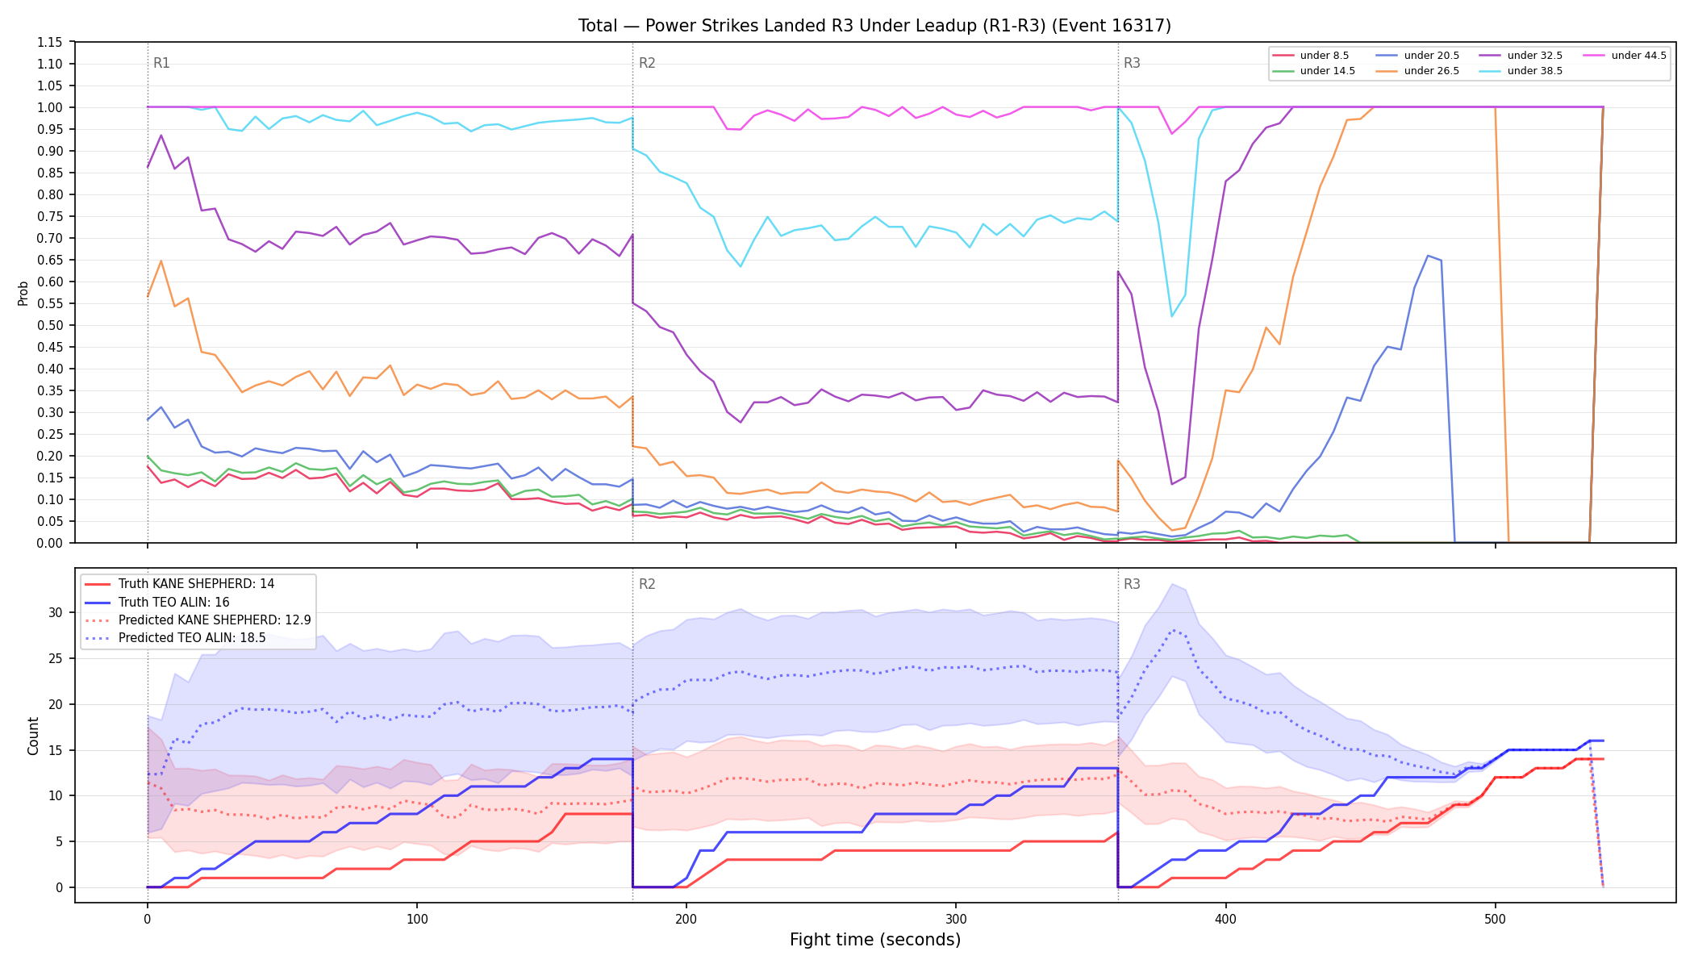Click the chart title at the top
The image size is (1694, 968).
[874, 26]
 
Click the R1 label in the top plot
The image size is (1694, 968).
[161, 63]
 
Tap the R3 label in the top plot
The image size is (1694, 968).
[1132, 63]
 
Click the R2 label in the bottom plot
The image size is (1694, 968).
[647, 584]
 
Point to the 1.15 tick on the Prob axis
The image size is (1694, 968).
[49, 42]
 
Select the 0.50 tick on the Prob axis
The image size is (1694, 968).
[49, 325]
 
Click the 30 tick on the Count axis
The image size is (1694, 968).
[55, 612]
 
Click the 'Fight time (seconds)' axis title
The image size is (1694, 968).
[875, 940]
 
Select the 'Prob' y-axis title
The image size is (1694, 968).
[23, 293]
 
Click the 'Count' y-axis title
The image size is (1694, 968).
[33, 736]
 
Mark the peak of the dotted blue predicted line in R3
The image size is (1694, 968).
[1172, 630]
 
